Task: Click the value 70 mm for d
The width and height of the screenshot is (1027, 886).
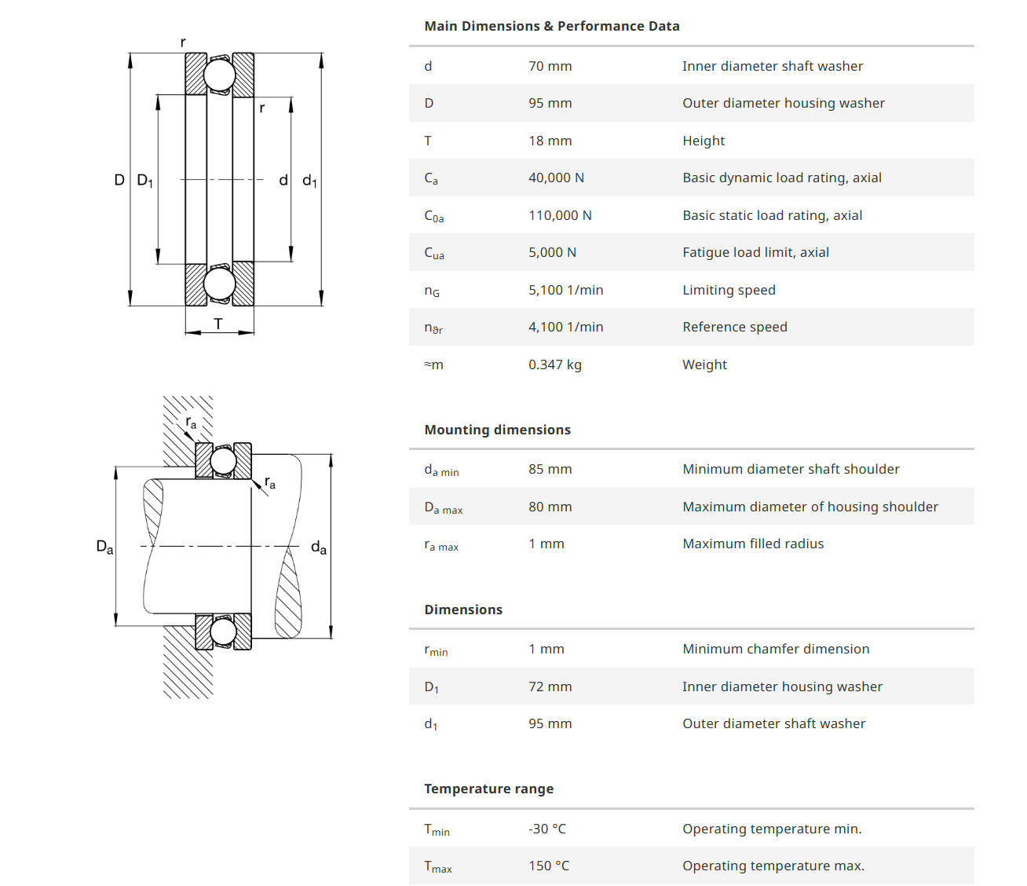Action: (x=550, y=66)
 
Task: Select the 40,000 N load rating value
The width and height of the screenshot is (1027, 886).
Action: (x=556, y=178)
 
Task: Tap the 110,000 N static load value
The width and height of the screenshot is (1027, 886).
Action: (x=560, y=215)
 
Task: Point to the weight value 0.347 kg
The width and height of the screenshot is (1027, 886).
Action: (x=555, y=364)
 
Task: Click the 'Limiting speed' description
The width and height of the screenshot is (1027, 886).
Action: (x=729, y=290)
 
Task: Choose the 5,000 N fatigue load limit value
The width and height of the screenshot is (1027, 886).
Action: (x=553, y=252)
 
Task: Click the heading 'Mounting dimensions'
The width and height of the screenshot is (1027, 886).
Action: (x=497, y=430)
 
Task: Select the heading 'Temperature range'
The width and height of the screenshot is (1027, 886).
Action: (x=489, y=789)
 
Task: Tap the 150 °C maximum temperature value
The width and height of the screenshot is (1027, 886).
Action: (x=549, y=866)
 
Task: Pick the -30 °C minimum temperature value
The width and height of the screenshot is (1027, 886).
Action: (x=547, y=829)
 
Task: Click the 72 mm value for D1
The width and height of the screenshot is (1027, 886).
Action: (x=550, y=686)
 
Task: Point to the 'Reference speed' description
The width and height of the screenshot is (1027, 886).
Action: (x=735, y=327)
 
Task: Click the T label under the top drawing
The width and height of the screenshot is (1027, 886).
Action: (x=218, y=324)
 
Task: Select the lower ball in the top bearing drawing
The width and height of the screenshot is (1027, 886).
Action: (x=220, y=284)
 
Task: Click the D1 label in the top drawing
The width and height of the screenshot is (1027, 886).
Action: (x=144, y=180)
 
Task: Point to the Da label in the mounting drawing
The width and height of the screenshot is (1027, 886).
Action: (x=104, y=547)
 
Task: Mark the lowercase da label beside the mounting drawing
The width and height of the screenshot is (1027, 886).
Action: (x=319, y=547)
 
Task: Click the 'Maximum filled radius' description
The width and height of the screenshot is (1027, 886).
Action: (x=753, y=544)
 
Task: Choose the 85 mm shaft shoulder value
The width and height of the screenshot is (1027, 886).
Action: (x=550, y=469)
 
